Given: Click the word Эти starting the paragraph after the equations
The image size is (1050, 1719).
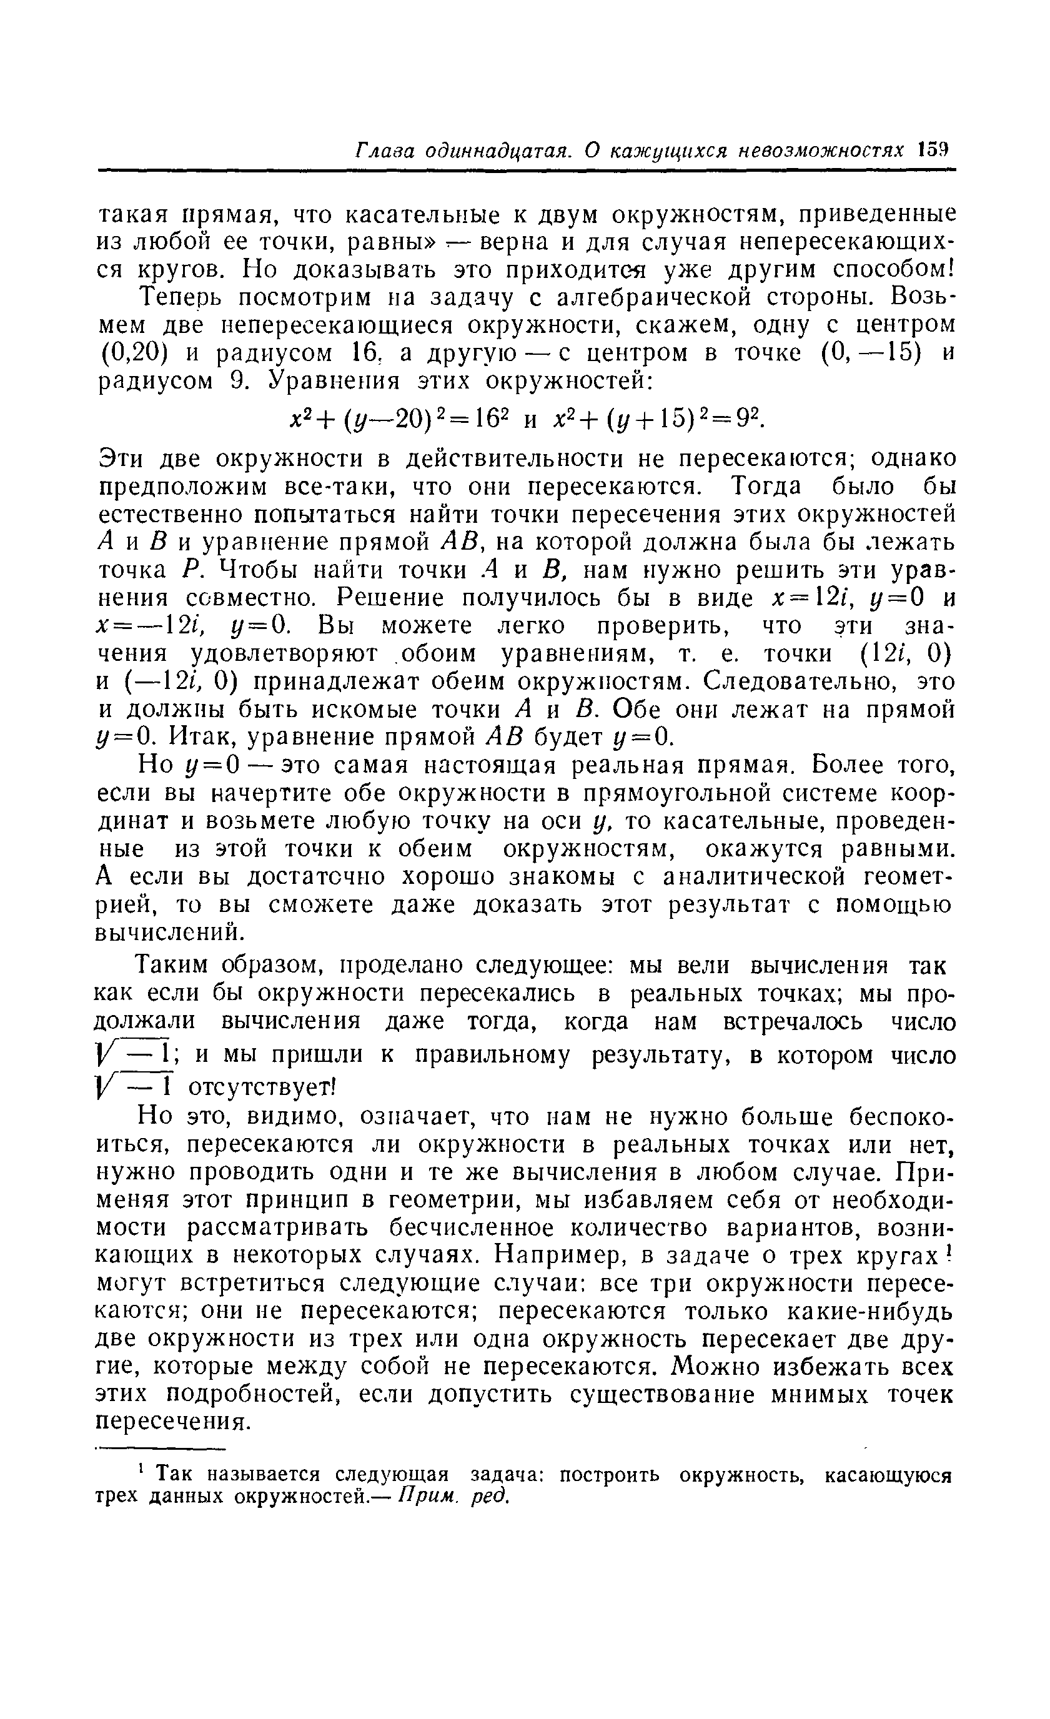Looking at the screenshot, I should coord(120,459).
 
